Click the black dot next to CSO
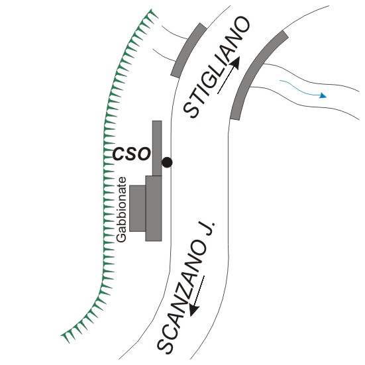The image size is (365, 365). tap(167, 162)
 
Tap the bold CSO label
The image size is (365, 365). tap(132, 154)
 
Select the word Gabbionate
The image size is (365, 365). tap(122, 210)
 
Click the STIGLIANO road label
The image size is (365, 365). tap(217, 68)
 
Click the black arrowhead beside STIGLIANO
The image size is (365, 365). tap(235, 64)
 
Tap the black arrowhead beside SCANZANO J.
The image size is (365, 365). tap(193, 310)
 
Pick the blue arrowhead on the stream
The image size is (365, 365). tap(323, 95)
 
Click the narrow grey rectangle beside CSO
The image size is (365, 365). tap(157, 148)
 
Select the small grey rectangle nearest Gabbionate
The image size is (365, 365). tap(138, 209)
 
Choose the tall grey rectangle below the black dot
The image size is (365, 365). tap(154, 209)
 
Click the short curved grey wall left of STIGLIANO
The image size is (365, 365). tap(189, 50)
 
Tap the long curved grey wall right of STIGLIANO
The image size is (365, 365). tap(259, 75)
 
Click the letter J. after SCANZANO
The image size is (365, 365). tap(207, 229)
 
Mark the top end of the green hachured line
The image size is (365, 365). tap(152, 10)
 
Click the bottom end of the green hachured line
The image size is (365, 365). tap(62, 335)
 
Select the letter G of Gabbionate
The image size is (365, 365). tap(122, 238)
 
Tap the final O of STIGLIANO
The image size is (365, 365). tap(241, 26)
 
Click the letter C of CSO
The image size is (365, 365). tap(119, 154)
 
